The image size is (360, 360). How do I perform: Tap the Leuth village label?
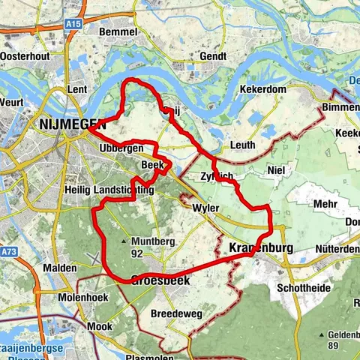[x=244, y=145]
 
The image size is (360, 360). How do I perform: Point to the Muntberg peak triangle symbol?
[x=124, y=242]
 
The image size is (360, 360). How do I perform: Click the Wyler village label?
[x=205, y=207]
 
